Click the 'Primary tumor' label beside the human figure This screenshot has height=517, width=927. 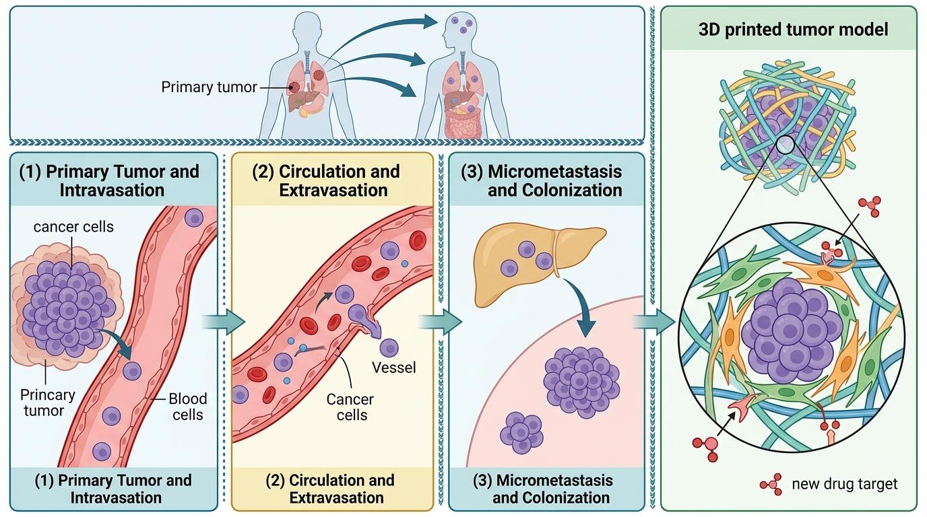[x=209, y=87]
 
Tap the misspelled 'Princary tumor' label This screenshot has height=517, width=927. [x=47, y=402]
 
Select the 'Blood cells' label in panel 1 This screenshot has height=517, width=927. [x=188, y=407]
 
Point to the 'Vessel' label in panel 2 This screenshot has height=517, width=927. [x=394, y=368]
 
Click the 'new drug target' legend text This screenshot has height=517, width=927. [x=845, y=483]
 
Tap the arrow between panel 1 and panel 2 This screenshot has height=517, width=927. [x=227, y=322]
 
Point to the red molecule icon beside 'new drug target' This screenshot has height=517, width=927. [x=771, y=484]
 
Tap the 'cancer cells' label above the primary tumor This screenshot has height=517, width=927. [x=73, y=226]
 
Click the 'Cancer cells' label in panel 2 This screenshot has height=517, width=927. [x=350, y=407]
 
